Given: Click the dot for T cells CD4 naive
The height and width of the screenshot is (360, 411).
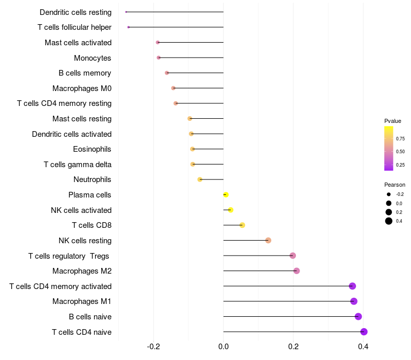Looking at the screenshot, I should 364,332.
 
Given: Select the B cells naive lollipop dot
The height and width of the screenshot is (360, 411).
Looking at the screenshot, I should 358,316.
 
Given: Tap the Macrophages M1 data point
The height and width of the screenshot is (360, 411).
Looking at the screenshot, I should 353,301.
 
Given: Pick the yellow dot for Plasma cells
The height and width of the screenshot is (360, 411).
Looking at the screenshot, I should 226,194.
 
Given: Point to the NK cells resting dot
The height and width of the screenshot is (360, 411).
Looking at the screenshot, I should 268,240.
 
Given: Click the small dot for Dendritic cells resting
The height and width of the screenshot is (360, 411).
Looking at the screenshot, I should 126,12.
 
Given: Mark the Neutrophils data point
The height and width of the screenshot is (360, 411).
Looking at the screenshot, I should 200,179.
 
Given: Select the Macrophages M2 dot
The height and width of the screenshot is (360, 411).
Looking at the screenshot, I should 296,271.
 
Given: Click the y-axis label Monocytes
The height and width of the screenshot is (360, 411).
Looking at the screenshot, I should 92,58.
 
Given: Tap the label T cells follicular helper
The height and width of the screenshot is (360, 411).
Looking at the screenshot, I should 74,27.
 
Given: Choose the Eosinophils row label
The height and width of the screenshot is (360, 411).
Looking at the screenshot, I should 92,149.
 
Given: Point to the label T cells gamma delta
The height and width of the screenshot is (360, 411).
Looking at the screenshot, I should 78,165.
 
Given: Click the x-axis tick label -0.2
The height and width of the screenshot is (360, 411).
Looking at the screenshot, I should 154,347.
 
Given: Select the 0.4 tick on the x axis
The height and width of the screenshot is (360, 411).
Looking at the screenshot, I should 363,347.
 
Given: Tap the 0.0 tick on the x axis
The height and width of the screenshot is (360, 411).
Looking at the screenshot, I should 223,347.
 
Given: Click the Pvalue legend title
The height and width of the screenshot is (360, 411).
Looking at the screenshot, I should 393,121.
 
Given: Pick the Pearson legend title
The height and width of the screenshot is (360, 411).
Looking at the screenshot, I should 395,185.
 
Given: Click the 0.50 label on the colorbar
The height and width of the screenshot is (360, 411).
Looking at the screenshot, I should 400,152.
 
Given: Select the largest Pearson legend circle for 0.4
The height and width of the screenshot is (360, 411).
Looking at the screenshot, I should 389,221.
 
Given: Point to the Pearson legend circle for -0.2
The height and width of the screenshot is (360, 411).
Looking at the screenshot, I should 389,194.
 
